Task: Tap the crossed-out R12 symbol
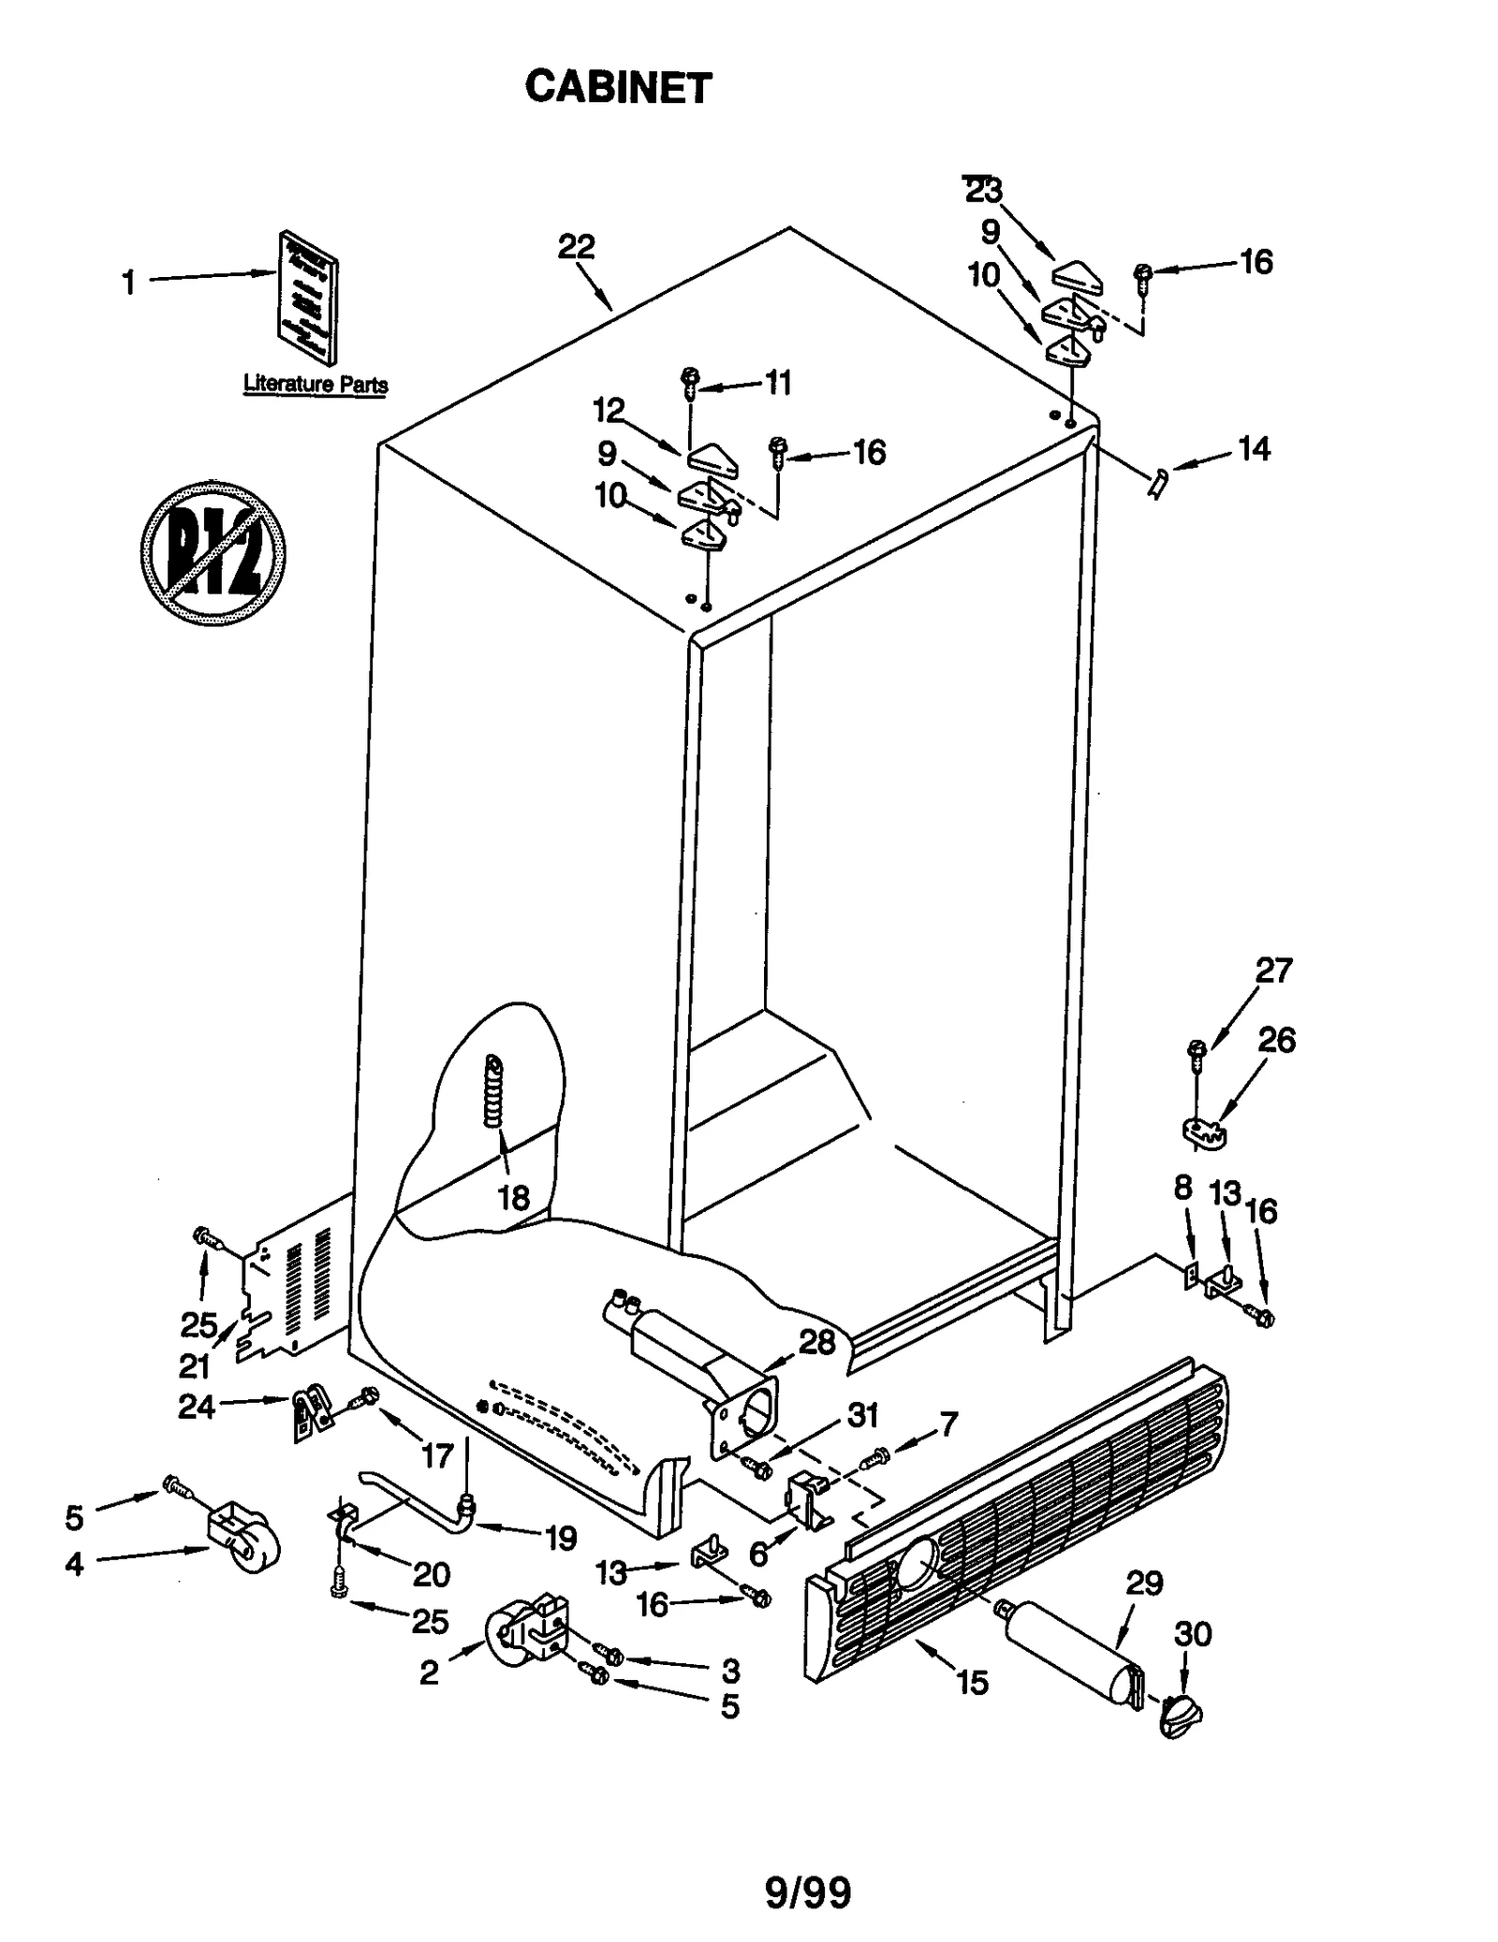213,553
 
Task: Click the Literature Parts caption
315,384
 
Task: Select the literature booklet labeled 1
308,298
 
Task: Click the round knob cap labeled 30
1181,1716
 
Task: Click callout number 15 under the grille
972,1684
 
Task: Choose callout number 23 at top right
983,191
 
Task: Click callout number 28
816,1342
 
